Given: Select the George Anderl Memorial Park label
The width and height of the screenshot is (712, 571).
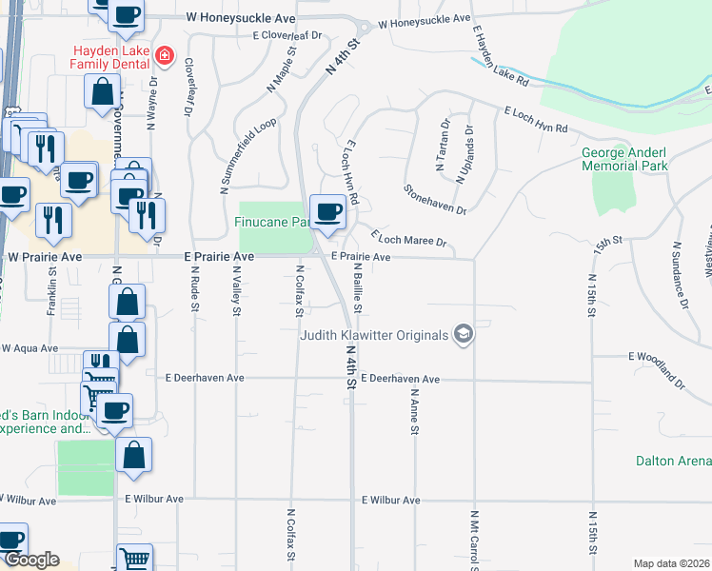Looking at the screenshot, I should [624, 158].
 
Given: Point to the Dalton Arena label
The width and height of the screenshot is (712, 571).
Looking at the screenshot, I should [673, 461].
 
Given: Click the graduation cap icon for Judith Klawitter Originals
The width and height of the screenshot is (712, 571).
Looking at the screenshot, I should [464, 333].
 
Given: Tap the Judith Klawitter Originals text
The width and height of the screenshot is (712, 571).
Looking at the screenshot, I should [374, 335].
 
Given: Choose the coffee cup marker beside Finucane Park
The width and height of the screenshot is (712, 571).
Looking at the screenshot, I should [328, 212].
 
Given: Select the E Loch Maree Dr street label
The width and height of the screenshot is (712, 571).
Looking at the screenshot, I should [408, 238].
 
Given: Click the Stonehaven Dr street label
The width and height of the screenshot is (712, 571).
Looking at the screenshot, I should [436, 199].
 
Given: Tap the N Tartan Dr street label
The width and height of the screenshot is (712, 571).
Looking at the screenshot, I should [444, 146].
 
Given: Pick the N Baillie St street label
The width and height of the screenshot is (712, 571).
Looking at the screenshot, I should [358, 288].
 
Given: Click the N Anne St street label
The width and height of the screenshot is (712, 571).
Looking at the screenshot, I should [415, 411].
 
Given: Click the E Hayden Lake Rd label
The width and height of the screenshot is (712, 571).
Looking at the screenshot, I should [495, 53].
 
